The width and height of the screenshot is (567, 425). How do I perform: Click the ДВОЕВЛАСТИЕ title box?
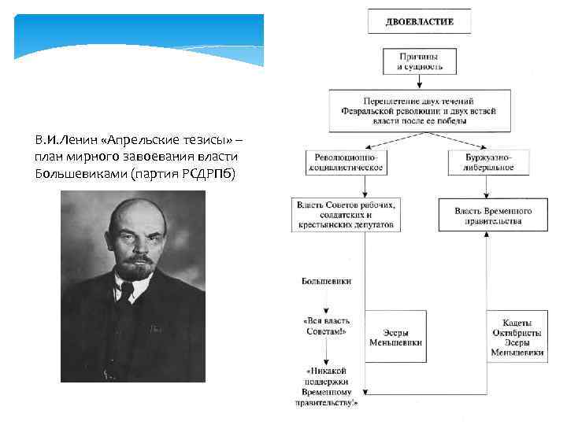pos(419,21)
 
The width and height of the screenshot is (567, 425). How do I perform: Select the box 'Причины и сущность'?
pos(419,61)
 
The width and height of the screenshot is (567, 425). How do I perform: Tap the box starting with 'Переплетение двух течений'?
pos(414,111)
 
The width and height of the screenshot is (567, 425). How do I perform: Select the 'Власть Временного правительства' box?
pos(494,215)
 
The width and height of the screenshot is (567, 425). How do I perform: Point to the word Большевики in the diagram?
pos(326,280)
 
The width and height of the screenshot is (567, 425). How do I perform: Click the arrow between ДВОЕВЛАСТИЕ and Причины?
pos(419,41)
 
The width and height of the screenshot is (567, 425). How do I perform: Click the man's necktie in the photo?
pos(127,292)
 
